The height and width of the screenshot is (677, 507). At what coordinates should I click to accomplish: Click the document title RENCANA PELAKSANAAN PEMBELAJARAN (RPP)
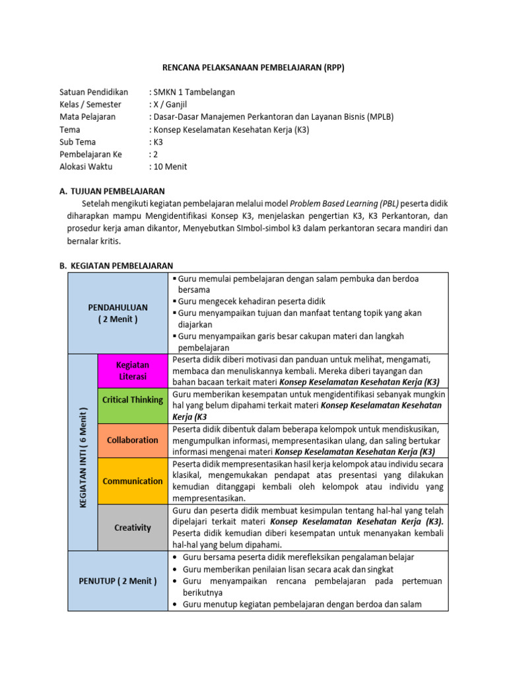pos(253,67)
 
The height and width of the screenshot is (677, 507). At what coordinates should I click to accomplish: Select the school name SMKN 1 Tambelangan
pos(194,92)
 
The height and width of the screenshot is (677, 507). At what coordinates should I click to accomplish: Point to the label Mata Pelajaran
pos(87,117)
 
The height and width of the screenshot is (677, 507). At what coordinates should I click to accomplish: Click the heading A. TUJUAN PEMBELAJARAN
pos(112,191)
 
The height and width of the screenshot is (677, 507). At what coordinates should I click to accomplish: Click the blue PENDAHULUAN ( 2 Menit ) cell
pos(118,313)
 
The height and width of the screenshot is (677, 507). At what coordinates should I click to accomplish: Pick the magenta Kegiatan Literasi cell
pos(133,370)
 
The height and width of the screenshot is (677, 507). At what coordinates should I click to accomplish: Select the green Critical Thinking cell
pos(133,400)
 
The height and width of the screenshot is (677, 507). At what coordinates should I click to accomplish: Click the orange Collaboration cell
pos(133,440)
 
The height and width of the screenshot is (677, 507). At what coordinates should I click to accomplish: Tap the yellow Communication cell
pos(133,481)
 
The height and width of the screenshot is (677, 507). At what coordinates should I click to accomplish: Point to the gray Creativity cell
pos(133,528)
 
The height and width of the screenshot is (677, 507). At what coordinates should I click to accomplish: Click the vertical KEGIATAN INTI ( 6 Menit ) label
pos(83,452)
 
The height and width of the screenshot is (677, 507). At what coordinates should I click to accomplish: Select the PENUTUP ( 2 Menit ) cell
pos(118,581)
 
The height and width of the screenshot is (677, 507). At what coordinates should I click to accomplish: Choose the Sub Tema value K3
pos(158,142)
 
